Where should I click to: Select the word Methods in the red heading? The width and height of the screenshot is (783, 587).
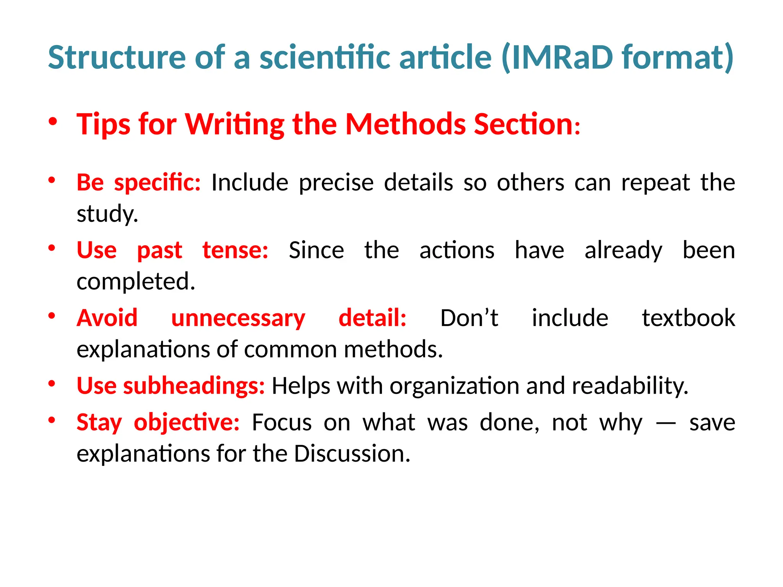[405, 124]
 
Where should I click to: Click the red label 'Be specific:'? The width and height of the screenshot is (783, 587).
[138, 182]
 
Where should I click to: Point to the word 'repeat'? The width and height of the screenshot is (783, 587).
[655, 182]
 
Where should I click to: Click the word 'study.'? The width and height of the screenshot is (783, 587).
[107, 214]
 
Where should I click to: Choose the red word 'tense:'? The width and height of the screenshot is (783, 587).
[235, 250]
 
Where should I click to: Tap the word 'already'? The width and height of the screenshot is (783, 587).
[623, 250]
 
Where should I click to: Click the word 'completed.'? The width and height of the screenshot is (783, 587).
[136, 281]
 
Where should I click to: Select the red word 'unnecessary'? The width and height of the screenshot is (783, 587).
[238, 318]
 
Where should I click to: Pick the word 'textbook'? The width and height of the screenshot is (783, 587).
[688, 318]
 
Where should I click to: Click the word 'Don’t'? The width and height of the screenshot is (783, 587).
[469, 318]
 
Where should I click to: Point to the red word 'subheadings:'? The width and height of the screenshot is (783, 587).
[194, 386]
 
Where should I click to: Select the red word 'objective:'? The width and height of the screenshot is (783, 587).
[187, 422]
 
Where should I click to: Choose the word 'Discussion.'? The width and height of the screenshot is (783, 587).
[352, 454]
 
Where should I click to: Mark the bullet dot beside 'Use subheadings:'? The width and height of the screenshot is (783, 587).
[52, 384]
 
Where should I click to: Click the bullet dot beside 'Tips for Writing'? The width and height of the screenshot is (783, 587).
[53, 122]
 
